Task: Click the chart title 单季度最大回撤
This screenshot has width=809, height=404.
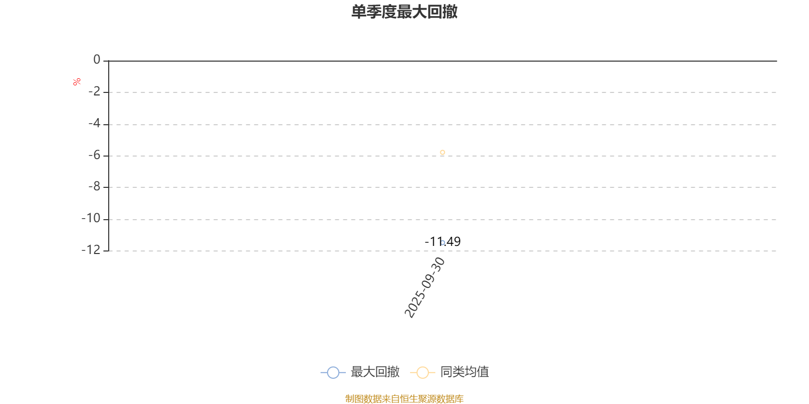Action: click(404, 12)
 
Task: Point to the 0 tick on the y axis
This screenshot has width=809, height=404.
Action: click(97, 60)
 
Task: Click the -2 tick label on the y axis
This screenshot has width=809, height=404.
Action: click(95, 92)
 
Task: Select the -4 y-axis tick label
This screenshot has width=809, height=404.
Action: click(95, 124)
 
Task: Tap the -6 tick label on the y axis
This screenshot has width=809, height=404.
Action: click(95, 156)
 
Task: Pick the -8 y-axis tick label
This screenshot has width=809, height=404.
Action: click(95, 187)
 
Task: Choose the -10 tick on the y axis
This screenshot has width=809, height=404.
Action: click(92, 219)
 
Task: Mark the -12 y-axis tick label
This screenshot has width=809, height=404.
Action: click(92, 250)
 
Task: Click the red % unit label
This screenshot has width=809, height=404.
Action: click(77, 82)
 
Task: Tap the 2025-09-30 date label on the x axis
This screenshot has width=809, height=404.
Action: click(425, 288)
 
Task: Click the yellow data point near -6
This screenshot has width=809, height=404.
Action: click(442, 152)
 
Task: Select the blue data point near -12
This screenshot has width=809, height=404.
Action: click(443, 242)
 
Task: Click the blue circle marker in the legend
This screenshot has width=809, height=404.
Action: click(333, 373)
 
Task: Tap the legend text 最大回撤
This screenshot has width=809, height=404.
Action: click(375, 372)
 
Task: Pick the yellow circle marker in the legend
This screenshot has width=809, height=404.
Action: click(422, 373)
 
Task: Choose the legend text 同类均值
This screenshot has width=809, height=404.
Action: click(464, 372)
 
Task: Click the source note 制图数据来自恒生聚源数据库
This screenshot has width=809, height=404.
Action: click(404, 399)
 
